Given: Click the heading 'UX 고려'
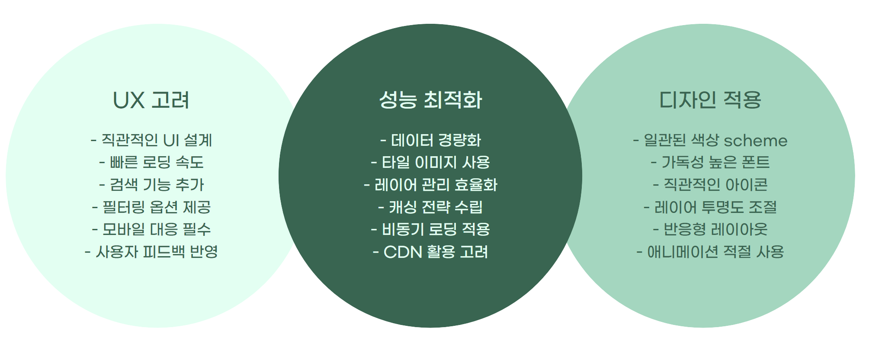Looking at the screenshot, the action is click(151, 100).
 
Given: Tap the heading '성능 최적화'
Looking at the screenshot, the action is click(430, 100).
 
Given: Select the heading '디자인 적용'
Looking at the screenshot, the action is click(710, 100).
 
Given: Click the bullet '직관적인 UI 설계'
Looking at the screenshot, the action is click(151, 140).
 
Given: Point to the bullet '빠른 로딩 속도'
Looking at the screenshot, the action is click(151, 162).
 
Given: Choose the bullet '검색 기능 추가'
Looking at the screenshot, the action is click(151, 185).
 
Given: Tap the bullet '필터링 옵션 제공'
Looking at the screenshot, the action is click(151, 207).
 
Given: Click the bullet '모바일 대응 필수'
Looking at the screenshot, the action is click(151, 229).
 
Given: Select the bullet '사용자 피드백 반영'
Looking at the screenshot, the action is click(151, 252).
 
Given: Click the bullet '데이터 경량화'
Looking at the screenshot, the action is click(431, 140).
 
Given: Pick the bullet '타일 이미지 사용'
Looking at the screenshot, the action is click(431, 162).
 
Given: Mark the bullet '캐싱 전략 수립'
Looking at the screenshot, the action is click(431, 207).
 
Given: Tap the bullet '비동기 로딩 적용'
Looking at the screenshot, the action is click(431, 229).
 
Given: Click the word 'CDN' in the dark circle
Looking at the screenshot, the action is click(403, 252).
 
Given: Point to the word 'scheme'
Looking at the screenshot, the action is click(755, 141).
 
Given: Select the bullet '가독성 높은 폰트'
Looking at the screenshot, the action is click(710, 162).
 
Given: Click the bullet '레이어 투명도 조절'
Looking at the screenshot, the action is click(710, 207).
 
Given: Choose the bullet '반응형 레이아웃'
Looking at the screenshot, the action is click(710, 229).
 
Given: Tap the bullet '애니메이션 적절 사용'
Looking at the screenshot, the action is click(710, 252).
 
